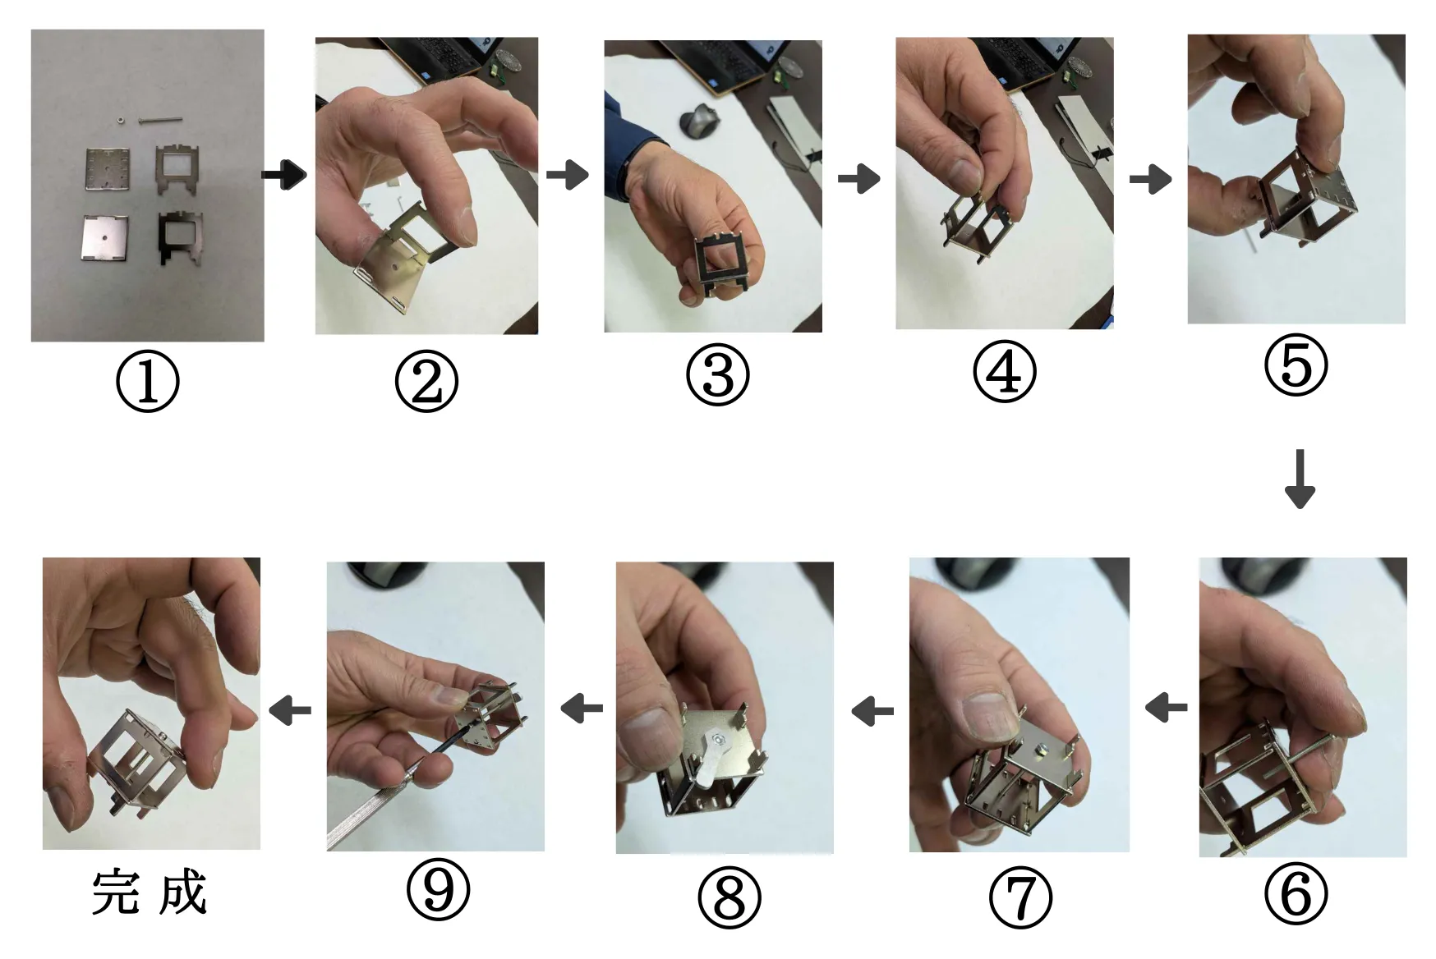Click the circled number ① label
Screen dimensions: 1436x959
coord(148,381)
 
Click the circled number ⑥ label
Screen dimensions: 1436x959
coord(1296,893)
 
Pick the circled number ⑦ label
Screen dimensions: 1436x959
coord(1020,897)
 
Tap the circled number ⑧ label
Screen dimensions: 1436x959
coord(730,897)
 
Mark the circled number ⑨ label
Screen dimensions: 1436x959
coord(439,890)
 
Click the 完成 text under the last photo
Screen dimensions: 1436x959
coord(149,892)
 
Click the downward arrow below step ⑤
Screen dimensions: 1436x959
coord(1300,479)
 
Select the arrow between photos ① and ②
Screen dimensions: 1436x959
coord(284,174)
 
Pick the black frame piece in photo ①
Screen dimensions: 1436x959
coord(180,236)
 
